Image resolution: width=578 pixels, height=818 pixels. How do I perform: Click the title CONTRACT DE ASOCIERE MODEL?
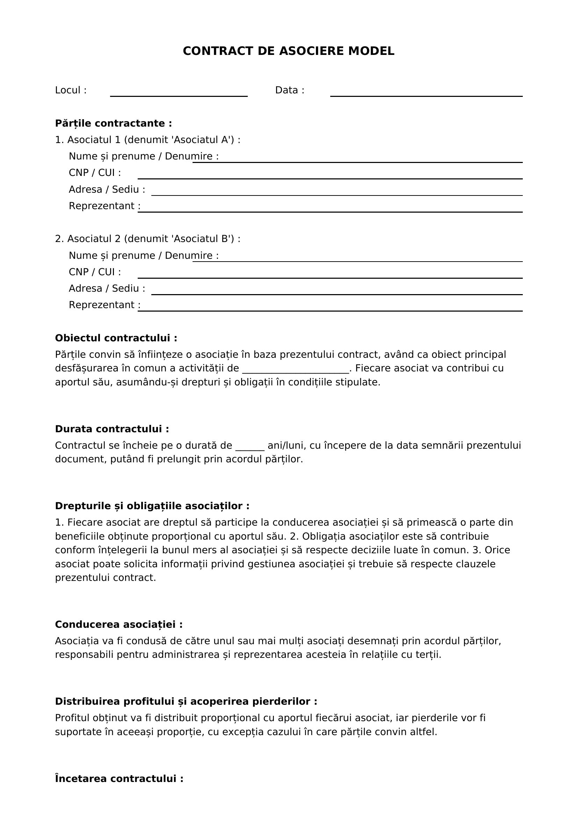(288, 51)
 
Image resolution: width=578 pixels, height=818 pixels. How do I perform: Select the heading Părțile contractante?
(113, 123)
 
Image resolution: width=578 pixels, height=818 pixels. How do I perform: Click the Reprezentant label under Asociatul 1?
(104, 206)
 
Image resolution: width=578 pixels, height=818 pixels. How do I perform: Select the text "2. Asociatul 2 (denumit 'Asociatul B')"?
(147, 239)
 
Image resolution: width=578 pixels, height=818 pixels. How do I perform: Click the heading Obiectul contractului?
(116, 338)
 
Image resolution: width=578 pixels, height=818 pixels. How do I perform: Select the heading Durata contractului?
(112, 429)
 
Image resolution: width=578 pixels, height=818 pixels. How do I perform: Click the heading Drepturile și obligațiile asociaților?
(152, 506)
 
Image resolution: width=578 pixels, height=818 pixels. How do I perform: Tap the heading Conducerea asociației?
(118, 625)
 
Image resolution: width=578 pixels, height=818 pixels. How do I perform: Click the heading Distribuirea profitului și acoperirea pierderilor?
(186, 702)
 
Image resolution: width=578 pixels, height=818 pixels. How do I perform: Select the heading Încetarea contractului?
(119, 779)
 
